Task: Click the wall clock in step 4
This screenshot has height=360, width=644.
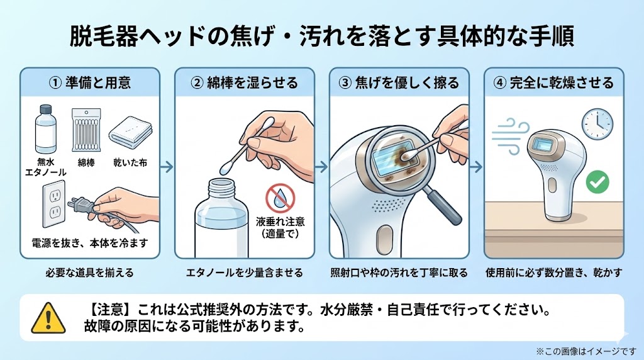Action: tap(597, 121)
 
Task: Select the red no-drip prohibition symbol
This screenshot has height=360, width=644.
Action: tap(279, 198)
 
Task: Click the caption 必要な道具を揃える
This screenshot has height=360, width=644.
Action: tap(89, 273)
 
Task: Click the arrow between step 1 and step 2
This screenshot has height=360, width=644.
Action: tap(166, 167)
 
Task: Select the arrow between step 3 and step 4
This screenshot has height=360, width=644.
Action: tap(476, 167)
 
